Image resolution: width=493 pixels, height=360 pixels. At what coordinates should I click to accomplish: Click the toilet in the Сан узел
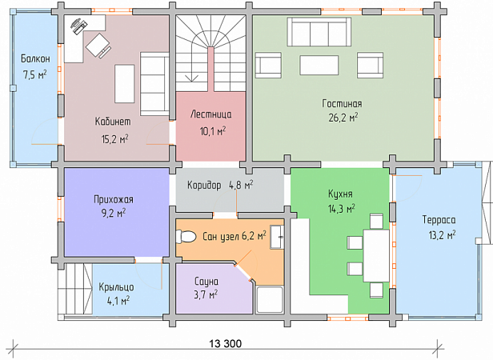coord(186,237)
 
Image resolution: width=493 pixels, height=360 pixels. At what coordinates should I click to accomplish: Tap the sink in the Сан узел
coord(277,237)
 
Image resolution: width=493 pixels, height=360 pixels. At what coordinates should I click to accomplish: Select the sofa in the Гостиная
coord(319,32)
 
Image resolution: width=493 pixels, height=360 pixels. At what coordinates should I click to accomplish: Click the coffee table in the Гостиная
coord(319,65)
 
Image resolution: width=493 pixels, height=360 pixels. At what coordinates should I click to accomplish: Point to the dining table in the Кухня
coord(376,256)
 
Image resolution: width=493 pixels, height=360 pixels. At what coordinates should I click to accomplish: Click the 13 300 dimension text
coord(226,344)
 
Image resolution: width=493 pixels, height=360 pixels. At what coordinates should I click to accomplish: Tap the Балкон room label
coord(35,58)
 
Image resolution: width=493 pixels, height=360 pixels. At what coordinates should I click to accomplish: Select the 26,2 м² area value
coord(343,118)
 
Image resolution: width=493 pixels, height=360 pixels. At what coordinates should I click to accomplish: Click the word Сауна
coord(206,281)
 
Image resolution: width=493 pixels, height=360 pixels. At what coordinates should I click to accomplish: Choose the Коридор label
coord(204,185)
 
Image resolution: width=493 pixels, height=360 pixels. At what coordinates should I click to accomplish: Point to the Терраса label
coord(439,220)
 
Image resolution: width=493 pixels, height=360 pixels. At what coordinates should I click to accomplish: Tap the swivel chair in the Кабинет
coord(98,46)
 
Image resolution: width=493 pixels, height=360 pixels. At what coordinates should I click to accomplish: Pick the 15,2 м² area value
coord(114,139)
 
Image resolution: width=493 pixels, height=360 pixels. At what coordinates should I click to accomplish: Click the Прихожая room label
coord(114,200)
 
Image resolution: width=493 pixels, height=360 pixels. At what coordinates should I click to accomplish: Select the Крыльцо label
coord(116,287)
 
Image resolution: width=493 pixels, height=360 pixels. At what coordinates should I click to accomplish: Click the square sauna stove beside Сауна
coord(270,300)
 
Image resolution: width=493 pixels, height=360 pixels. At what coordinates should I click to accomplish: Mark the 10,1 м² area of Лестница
coord(213,131)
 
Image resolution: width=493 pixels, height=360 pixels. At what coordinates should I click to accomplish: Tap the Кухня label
coord(340,194)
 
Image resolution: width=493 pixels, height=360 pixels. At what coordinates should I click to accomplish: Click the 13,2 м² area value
coord(442,235)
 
